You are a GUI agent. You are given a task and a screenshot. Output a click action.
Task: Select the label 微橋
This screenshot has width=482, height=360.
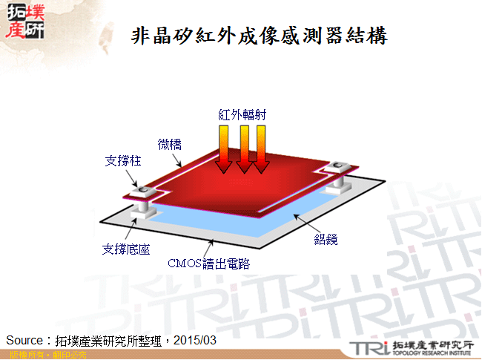[x=170, y=144]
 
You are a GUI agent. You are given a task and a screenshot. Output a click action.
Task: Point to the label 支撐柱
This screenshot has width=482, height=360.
[x=121, y=159]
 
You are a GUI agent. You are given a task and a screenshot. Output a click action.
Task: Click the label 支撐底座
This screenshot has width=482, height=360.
[x=125, y=249]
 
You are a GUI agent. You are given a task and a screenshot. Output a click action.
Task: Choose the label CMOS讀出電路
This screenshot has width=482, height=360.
[x=208, y=263]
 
